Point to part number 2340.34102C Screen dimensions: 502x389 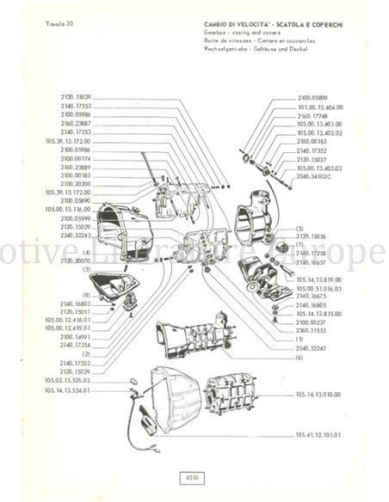click(x=315, y=174)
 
